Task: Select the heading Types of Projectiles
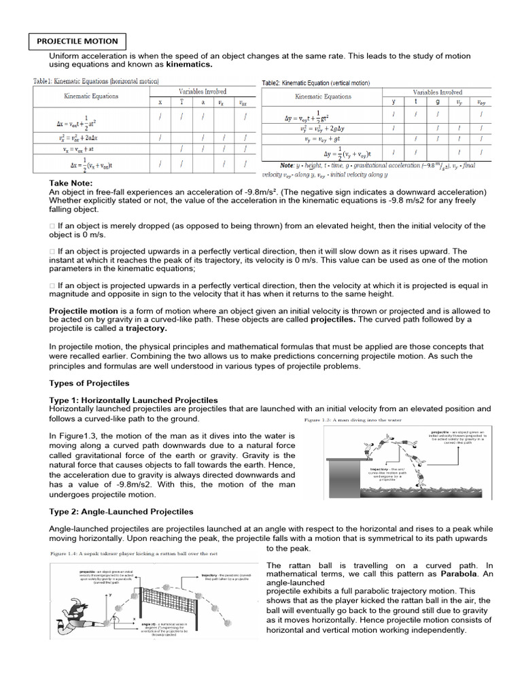89,383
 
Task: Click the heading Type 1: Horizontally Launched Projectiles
134,400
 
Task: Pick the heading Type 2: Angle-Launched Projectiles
122,511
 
